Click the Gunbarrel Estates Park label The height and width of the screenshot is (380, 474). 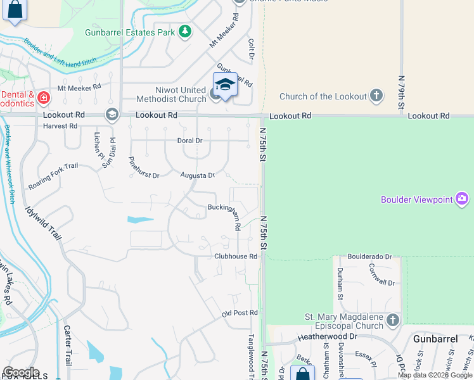coord(130,31)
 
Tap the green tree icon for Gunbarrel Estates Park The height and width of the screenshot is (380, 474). coord(184,31)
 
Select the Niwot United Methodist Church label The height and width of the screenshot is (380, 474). coord(181,94)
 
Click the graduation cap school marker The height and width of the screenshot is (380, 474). coord(225,84)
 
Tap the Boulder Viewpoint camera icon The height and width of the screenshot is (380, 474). coord(462,199)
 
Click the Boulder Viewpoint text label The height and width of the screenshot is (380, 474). coord(417,200)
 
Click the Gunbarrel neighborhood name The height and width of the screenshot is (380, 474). coord(435,339)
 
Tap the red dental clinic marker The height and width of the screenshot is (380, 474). coord(43,98)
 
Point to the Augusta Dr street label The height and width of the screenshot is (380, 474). coord(197,175)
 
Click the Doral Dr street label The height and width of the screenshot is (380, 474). coord(189,140)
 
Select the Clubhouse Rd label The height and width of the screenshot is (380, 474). coord(235,256)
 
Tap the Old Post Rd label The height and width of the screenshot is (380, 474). coord(240,313)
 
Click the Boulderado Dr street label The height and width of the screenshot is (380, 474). coord(369,256)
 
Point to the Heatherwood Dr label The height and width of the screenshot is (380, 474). coord(331,338)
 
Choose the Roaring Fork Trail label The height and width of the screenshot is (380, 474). coord(53,176)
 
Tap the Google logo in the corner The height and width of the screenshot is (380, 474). coord(21,372)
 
